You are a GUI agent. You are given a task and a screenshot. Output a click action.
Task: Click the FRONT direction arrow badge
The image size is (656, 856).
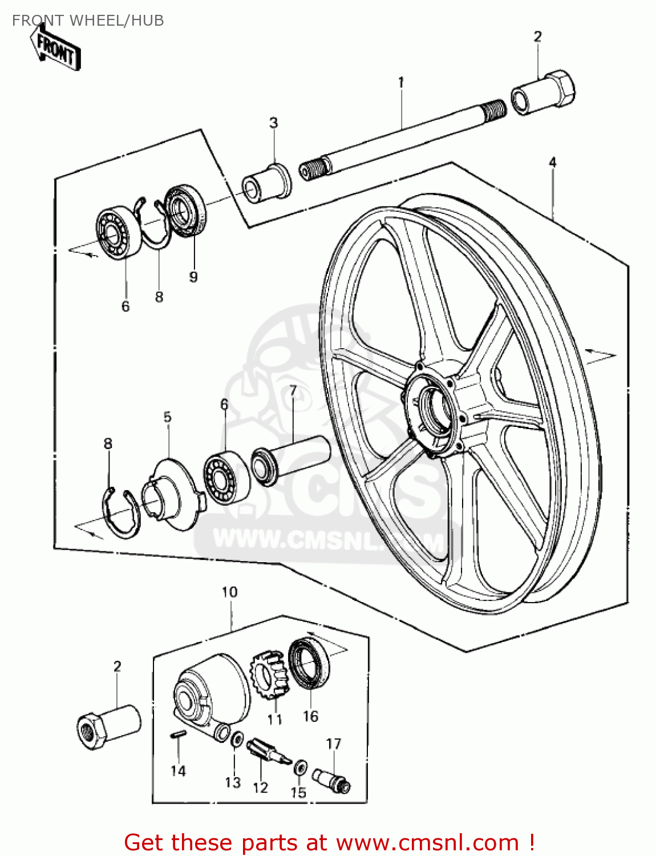point(56,49)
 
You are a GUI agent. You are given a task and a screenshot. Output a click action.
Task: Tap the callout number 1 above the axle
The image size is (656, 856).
point(401,82)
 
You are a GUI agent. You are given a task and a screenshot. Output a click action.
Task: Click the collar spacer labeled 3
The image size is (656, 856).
point(267,182)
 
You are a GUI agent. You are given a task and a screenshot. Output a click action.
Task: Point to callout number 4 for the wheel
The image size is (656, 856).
point(552,163)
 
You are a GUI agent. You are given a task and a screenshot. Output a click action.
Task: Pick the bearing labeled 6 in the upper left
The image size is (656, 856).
point(119,234)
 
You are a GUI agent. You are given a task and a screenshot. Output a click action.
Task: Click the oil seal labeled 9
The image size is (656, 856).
point(185,211)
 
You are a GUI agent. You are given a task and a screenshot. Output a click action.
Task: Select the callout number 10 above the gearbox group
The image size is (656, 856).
point(229,592)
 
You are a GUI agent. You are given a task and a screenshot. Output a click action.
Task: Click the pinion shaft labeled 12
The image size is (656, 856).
point(268,752)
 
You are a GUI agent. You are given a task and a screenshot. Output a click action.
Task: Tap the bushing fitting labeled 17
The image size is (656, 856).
point(331,780)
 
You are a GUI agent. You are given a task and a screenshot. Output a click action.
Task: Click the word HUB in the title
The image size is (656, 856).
point(147,21)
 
